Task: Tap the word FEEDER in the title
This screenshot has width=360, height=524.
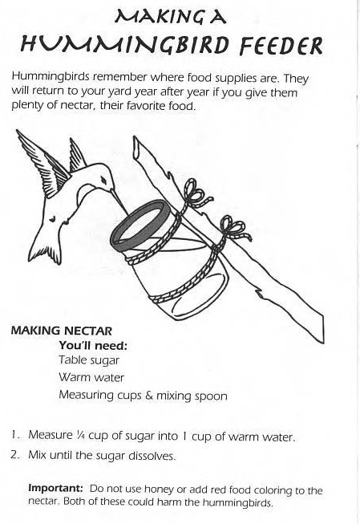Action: click(x=281, y=46)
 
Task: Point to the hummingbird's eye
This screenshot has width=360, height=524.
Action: click(x=104, y=181)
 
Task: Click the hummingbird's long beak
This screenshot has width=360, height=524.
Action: click(x=119, y=201)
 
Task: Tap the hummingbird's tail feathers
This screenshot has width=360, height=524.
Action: click(x=46, y=250)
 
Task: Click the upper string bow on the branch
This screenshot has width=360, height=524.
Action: click(x=196, y=194)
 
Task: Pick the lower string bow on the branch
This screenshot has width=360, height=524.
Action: click(x=235, y=229)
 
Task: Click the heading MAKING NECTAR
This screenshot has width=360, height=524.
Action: click(x=62, y=331)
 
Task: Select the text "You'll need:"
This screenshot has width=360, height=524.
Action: click(x=93, y=345)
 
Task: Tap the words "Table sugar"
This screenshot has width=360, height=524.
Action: click(x=89, y=360)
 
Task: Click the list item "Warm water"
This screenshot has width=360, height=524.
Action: click(x=91, y=378)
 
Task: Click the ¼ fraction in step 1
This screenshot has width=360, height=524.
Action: click(x=80, y=435)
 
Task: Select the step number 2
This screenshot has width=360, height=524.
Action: click(x=14, y=455)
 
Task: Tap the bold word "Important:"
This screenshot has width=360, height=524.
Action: click(x=55, y=488)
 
